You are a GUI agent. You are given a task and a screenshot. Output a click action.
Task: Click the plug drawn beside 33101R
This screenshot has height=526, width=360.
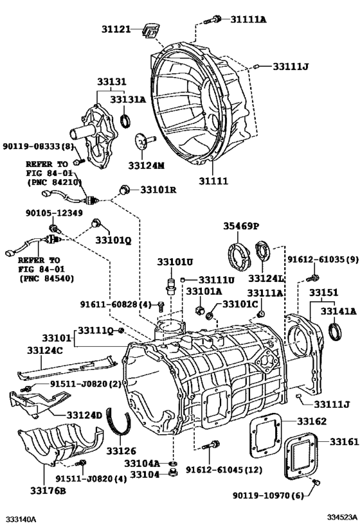pos(125,189)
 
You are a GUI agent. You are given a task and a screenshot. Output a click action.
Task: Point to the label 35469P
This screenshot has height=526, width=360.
pos(240,226)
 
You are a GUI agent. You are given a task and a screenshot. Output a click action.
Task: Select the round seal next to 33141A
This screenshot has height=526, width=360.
pos(336,331)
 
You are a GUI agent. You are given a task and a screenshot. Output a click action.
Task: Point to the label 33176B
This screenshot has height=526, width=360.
pos(44,491)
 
